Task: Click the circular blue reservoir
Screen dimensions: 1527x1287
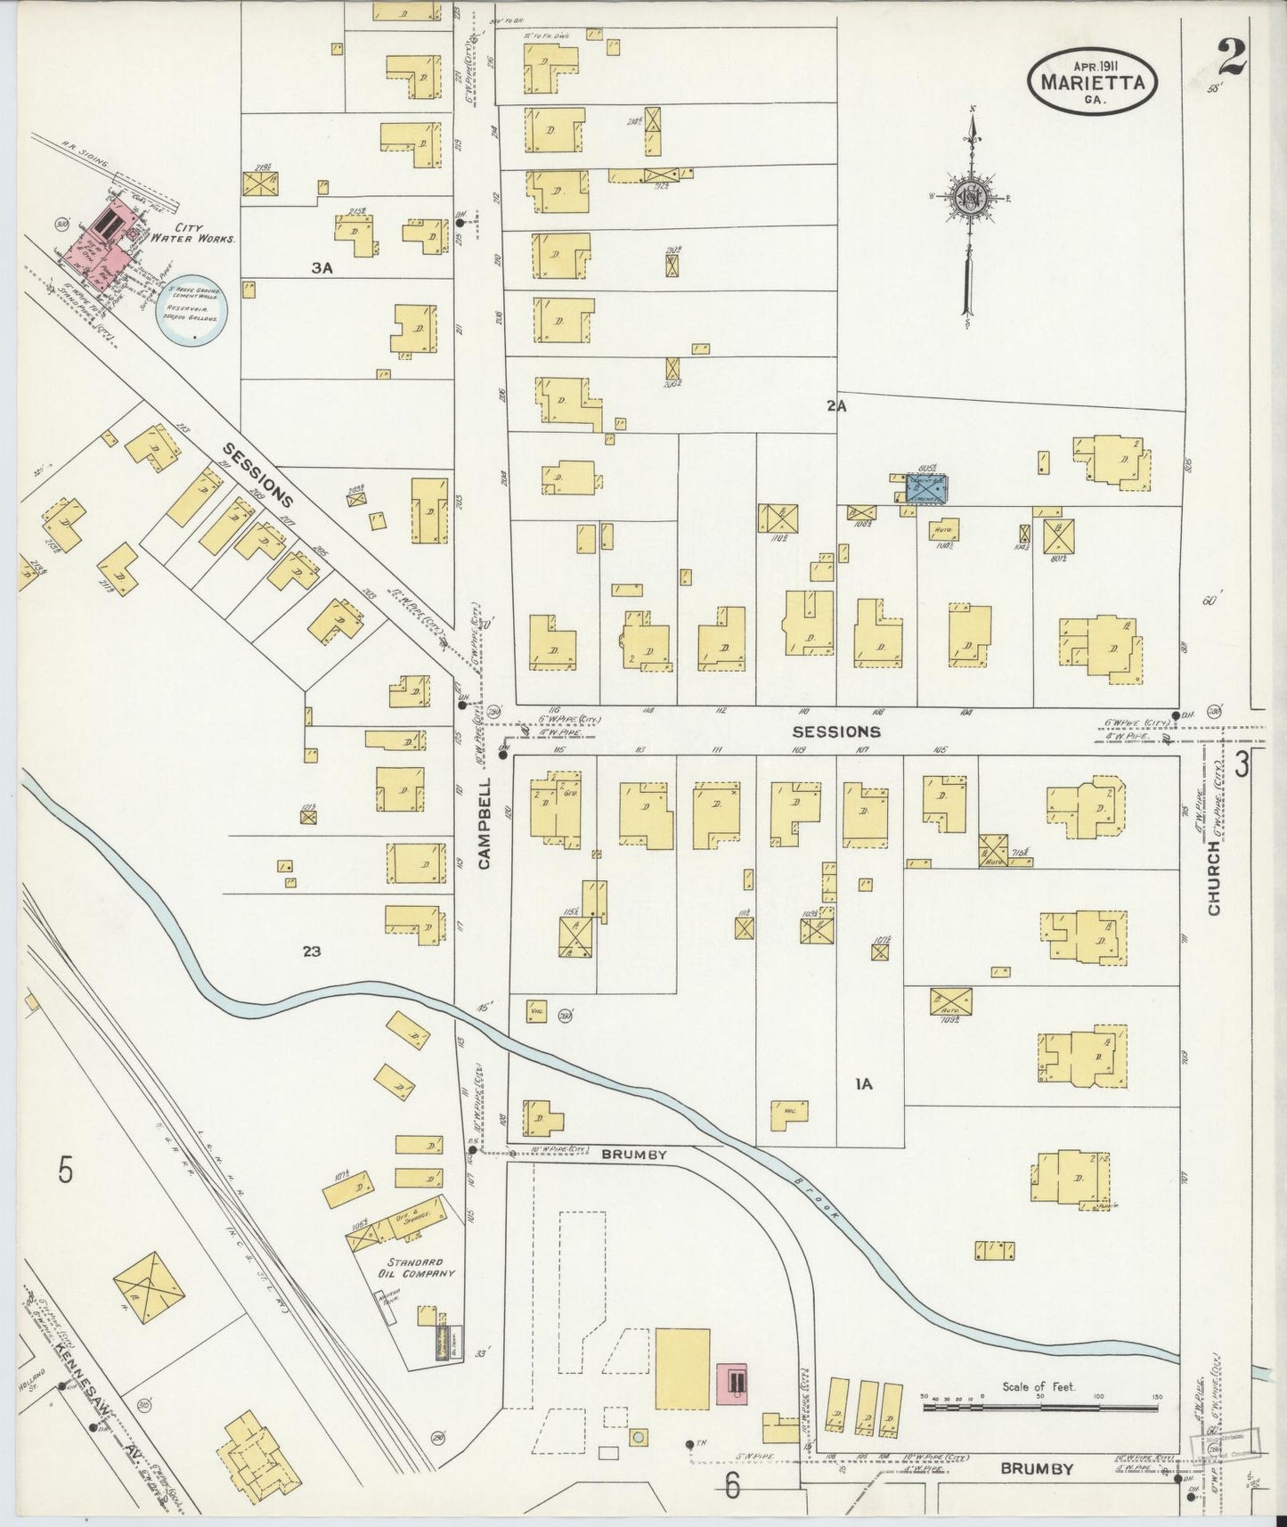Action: click(196, 311)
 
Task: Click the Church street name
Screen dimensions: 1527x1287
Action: click(1215, 878)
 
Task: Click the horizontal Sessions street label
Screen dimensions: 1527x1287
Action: click(836, 731)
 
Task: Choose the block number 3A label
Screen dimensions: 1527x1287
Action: click(322, 268)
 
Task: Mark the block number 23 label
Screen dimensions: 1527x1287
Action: click(311, 951)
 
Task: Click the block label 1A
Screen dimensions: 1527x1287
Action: click(863, 1084)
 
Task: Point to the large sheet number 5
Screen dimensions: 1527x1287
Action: click(65, 1170)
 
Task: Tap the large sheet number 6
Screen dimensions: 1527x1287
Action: click(732, 1484)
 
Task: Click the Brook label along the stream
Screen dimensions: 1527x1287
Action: click(818, 1196)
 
